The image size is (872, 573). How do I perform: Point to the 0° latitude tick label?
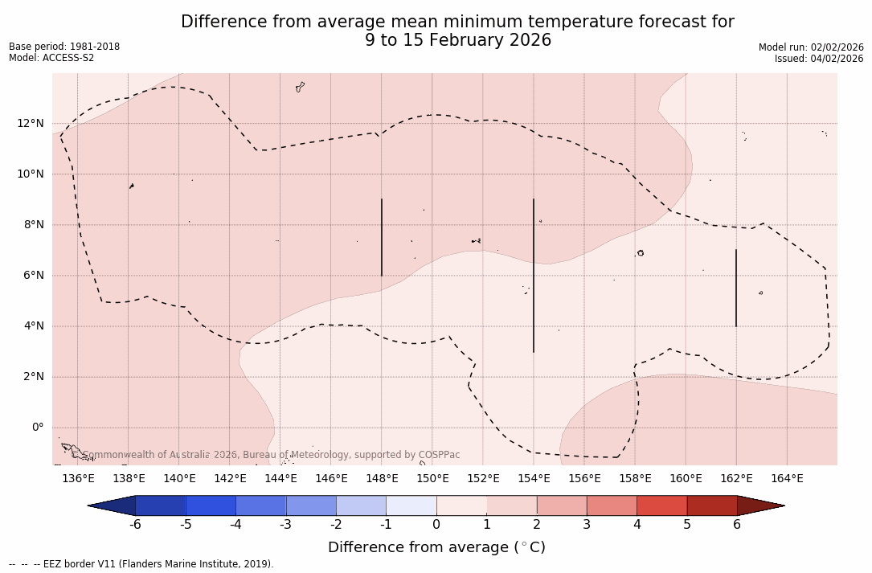click(37, 428)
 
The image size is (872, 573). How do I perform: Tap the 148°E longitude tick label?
click(382, 479)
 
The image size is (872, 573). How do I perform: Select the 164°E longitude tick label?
click(787, 479)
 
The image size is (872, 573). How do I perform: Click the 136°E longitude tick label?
click(78, 479)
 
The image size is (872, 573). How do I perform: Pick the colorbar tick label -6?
click(135, 525)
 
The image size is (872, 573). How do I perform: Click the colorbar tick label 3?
click(587, 525)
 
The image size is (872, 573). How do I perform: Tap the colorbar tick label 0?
click(436, 525)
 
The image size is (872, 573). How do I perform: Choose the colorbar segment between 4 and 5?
click(661, 505)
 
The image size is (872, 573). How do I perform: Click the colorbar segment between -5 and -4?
click(211, 505)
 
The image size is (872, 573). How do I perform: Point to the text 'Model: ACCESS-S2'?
click(51, 58)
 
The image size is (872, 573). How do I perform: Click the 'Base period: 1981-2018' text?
click(64, 47)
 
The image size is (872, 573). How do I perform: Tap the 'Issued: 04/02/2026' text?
click(819, 59)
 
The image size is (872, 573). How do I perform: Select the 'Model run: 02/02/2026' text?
click(811, 47)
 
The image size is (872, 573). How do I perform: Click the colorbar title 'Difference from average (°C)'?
click(436, 547)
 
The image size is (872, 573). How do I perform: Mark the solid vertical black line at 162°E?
click(736, 288)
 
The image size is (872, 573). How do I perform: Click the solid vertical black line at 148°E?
click(382, 237)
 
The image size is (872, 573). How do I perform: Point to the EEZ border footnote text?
click(141, 564)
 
